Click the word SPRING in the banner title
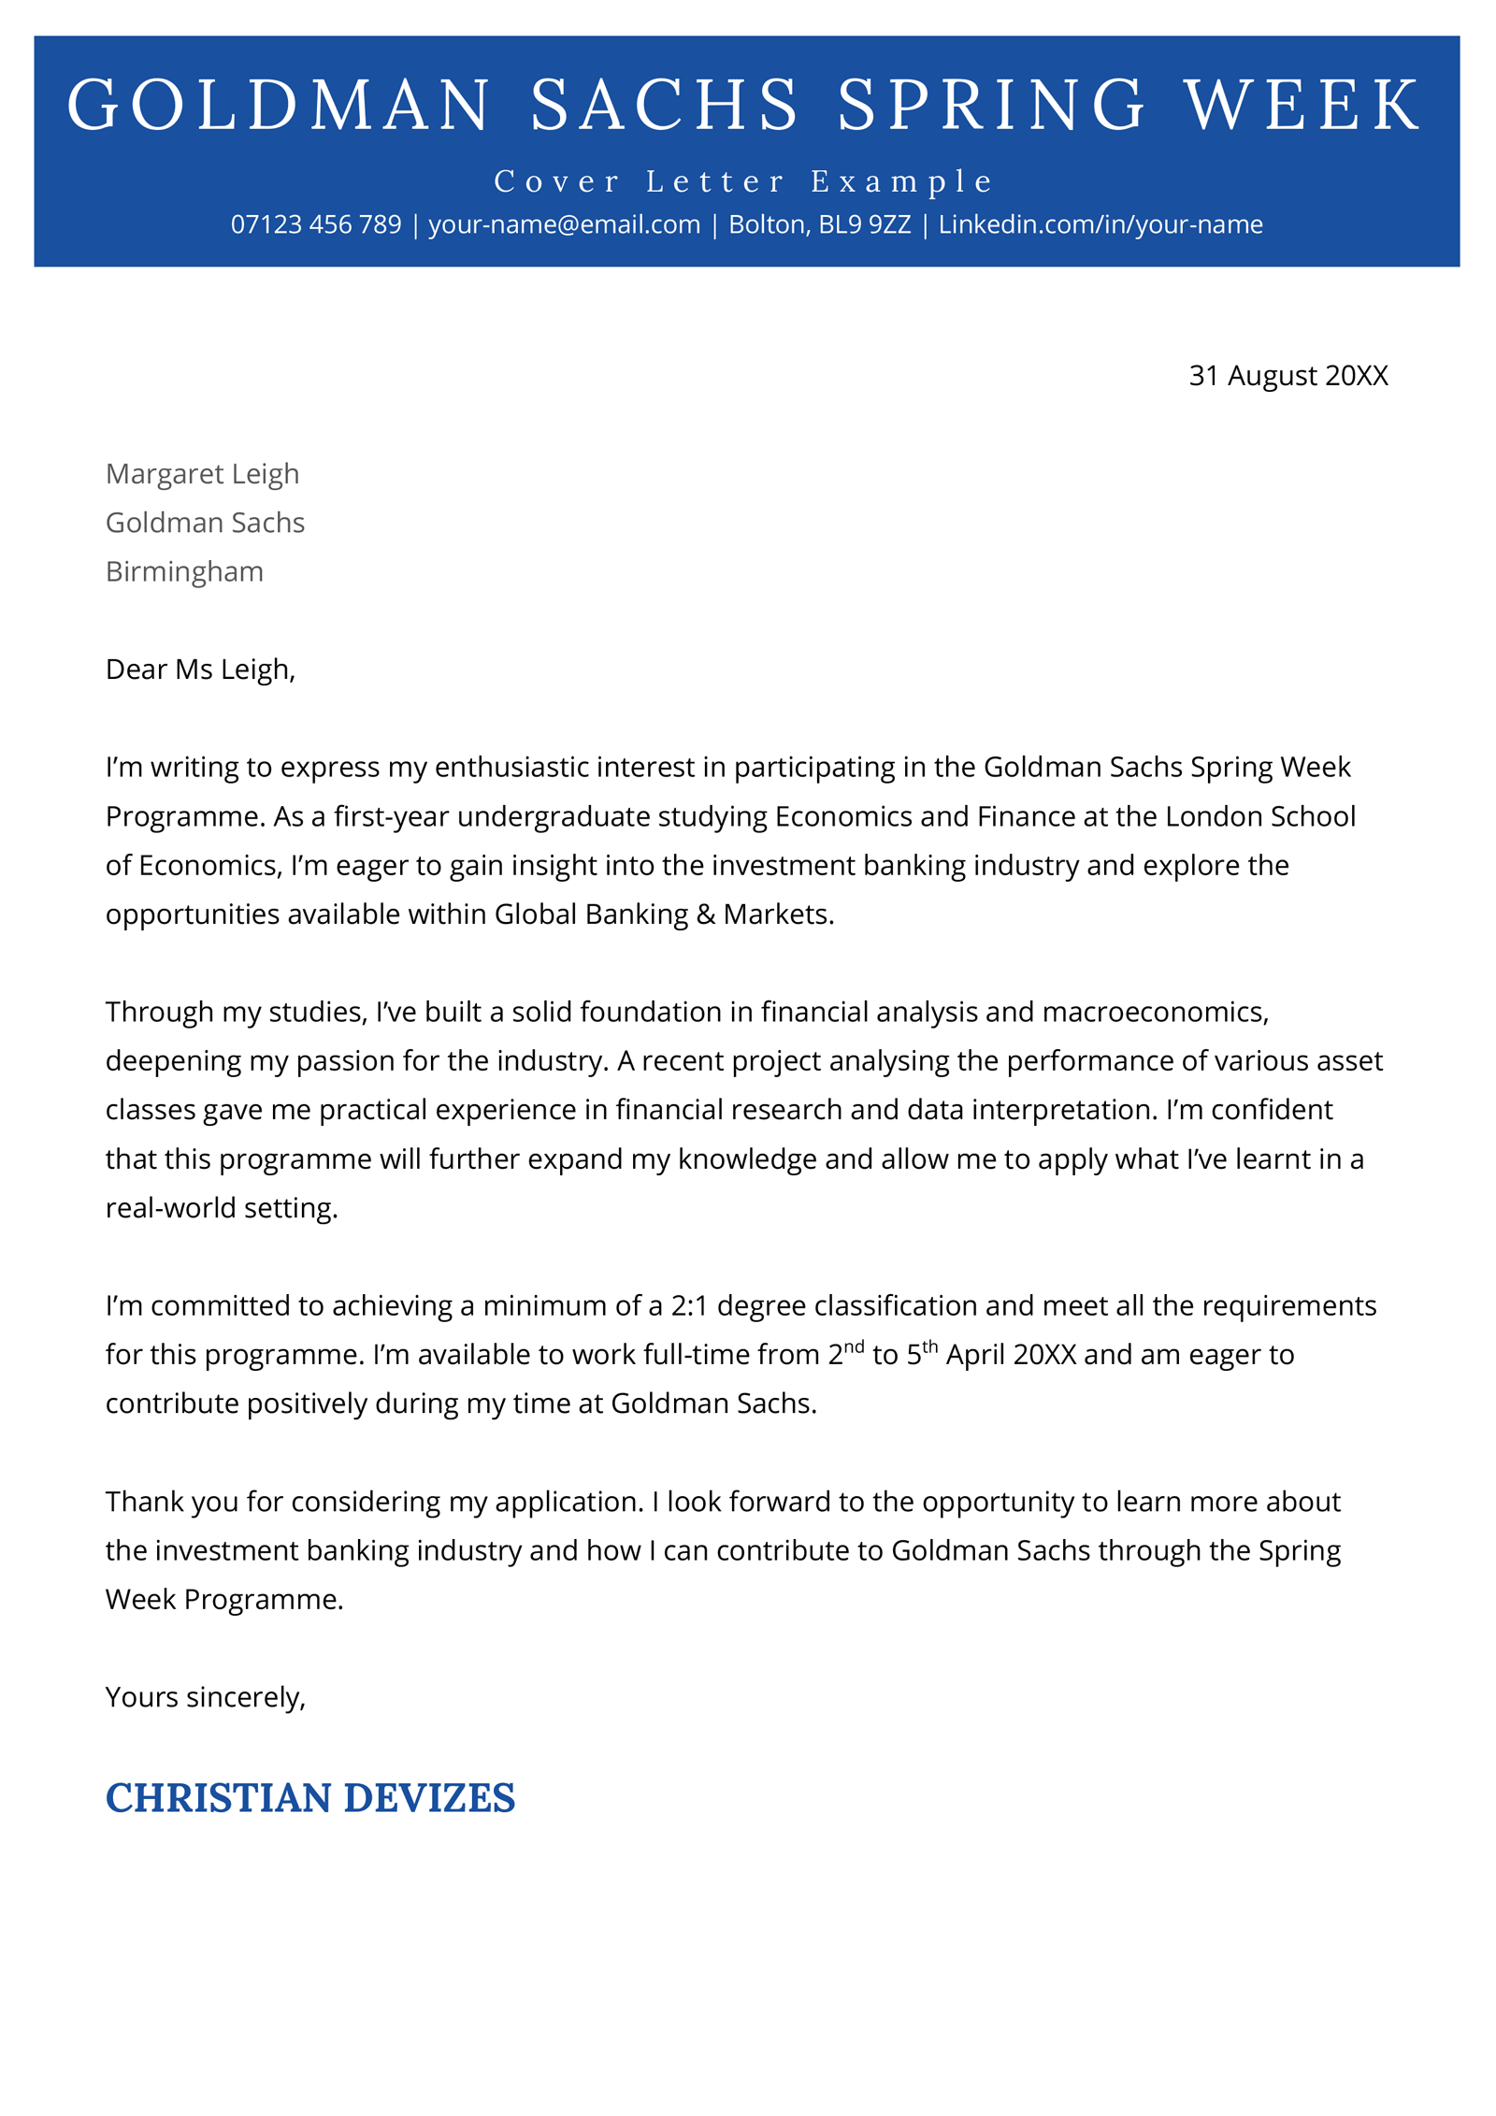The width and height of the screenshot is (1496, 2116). (x=989, y=105)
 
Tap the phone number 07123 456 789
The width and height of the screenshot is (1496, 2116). (x=315, y=224)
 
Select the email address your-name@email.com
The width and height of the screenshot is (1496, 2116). (x=564, y=224)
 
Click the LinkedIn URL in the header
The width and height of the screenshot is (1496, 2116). (x=1100, y=224)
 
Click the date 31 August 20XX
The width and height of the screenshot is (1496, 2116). (x=1287, y=375)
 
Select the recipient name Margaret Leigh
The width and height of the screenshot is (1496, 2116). (x=202, y=473)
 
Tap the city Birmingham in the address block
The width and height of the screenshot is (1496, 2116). (x=184, y=570)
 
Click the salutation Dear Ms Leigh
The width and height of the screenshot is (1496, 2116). (x=200, y=669)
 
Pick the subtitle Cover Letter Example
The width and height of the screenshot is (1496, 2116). (x=743, y=180)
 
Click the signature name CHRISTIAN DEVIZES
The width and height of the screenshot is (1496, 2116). (x=309, y=1798)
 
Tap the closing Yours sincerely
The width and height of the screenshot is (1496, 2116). (x=205, y=1696)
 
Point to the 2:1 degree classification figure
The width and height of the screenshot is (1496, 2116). (x=689, y=1305)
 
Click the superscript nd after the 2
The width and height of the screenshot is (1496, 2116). (x=853, y=1346)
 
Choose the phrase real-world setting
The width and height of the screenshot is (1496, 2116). (x=221, y=1208)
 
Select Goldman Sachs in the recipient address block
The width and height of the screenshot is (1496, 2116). (x=205, y=522)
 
